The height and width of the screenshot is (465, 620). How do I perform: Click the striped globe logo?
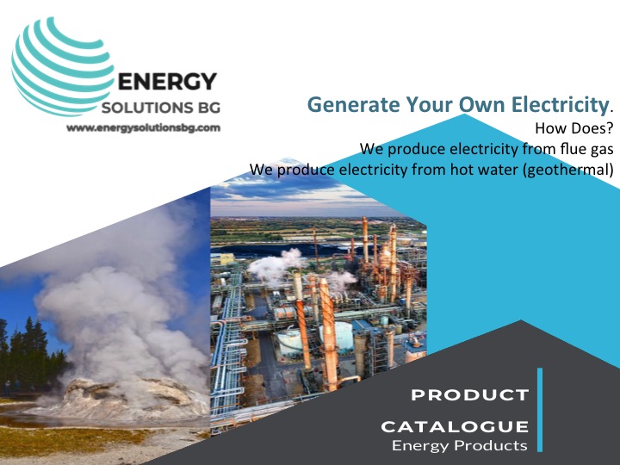[x=61, y=66]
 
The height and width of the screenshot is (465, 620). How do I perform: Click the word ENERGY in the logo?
[x=167, y=82]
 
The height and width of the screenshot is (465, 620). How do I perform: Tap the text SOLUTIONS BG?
[x=161, y=108]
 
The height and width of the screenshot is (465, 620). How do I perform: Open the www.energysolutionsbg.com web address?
[x=143, y=127]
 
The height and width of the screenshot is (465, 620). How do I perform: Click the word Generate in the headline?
[x=354, y=105]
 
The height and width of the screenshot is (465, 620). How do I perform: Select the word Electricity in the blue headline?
[x=560, y=104]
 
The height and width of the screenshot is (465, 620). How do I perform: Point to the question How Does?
[x=573, y=128]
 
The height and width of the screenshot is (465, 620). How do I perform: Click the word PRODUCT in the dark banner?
[x=470, y=395]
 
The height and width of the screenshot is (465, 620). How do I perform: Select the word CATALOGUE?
[x=455, y=426]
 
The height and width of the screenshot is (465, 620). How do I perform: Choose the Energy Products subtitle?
[x=460, y=446]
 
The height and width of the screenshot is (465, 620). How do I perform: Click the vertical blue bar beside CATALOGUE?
[x=540, y=410]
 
